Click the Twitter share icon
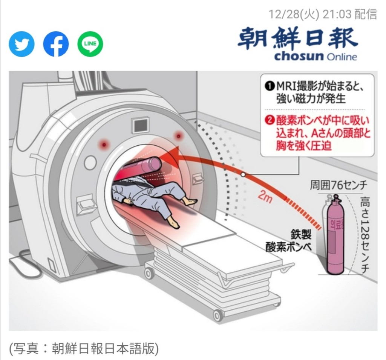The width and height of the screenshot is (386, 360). point(21,44)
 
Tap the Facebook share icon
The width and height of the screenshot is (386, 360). point(56,44)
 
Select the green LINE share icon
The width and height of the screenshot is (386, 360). point(90,44)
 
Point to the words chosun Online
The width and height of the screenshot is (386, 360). point(315,57)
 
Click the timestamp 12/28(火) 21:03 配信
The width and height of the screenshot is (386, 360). point(322,14)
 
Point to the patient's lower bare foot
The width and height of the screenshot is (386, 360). point(173,223)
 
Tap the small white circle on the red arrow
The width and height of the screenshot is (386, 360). point(243,175)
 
